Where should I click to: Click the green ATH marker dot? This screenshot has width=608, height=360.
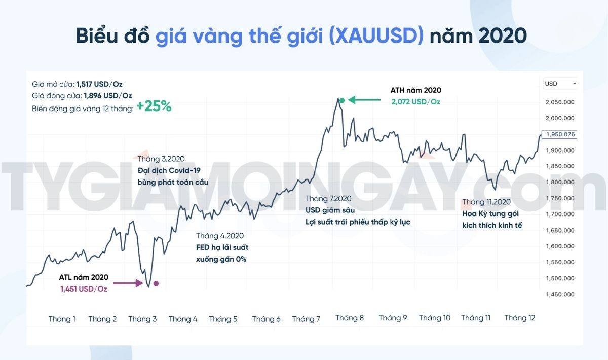342,100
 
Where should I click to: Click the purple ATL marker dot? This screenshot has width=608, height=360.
156,283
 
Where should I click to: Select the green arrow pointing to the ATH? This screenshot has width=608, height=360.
363,100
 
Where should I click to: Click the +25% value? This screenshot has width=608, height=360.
154,107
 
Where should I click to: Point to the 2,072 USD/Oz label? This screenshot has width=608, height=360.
415,101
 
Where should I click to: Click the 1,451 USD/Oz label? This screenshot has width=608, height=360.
84,289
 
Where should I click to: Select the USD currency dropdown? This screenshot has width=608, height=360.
560,83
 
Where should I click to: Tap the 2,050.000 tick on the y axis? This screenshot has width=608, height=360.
560,102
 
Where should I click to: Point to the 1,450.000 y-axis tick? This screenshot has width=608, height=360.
560,294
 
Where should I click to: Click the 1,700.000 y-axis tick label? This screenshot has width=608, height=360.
560,214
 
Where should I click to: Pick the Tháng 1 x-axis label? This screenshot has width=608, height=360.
62,319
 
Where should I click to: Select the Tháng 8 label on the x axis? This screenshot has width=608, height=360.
350,318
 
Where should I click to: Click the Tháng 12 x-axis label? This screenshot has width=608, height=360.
520,318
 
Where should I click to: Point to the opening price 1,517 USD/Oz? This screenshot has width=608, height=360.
99,84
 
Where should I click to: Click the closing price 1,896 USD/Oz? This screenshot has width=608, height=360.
107,96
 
